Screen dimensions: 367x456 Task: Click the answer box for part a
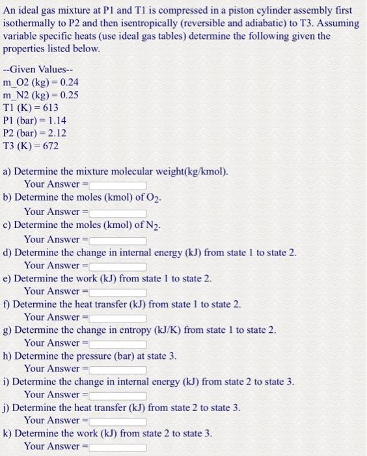click(x=118, y=185)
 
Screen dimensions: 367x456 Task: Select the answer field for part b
click(x=118, y=212)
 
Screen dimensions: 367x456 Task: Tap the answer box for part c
click(x=118, y=240)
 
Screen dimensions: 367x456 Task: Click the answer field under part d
click(x=118, y=266)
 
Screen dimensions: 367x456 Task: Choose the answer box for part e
click(x=118, y=291)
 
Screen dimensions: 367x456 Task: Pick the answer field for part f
click(x=118, y=317)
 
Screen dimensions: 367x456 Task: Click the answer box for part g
click(x=118, y=343)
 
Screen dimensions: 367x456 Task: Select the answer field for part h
click(x=118, y=369)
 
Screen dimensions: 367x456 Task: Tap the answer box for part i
click(x=118, y=395)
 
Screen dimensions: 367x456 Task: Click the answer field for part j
click(x=118, y=421)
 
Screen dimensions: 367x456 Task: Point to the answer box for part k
click(x=118, y=447)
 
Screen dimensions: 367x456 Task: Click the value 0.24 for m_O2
click(x=69, y=83)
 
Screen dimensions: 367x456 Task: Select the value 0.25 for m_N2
click(x=69, y=95)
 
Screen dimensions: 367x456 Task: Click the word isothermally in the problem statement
click(x=31, y=23)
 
